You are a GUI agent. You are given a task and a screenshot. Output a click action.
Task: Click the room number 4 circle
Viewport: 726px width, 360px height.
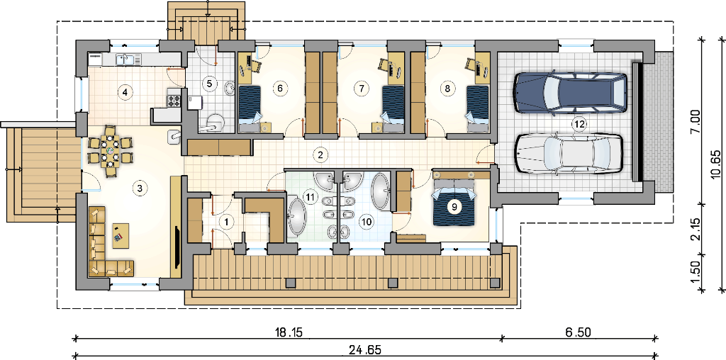tap(123, 92)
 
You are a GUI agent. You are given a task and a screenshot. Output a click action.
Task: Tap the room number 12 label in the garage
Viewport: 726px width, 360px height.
tap(578, 123)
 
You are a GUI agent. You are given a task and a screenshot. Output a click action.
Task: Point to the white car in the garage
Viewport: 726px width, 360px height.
tap(568, 154)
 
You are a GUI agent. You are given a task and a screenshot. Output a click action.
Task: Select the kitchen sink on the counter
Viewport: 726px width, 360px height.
tap(125, 60)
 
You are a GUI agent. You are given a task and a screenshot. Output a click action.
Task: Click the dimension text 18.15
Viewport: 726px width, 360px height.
tap(288, 332)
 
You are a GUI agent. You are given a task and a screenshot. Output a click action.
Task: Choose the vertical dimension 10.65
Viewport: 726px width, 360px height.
tap(717, 164)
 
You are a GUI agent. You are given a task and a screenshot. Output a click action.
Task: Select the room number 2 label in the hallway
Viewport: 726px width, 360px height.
tap(319, 155)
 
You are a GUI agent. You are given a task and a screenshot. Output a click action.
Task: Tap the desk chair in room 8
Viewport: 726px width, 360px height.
tap(471, 64)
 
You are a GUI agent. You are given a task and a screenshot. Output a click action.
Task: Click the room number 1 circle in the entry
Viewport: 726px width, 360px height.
tap(226, 223)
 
